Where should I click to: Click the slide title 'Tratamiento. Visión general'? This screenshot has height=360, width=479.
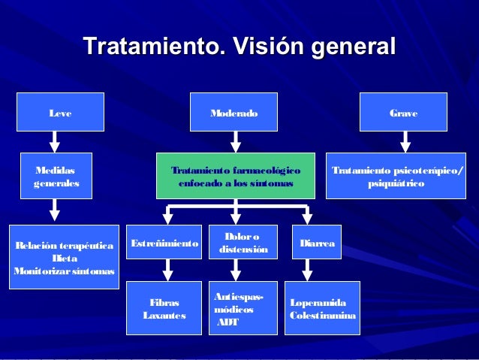click(239, 46)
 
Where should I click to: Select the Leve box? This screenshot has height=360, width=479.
click(55, 113)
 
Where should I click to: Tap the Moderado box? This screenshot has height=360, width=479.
click(233, 113)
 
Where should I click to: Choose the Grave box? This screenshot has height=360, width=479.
click(403, 113)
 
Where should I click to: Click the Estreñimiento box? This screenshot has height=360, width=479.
click(164, 244)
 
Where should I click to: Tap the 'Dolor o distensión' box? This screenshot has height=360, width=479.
click(242, 243)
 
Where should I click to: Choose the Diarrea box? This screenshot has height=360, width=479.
click(316, 244)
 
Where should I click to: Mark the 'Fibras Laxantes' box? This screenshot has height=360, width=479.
click(164, 308)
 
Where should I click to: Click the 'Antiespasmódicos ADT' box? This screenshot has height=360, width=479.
click(242, 309)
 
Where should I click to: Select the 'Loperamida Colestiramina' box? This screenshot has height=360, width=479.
click(322, 308)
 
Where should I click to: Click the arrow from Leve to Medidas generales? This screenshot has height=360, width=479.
click(54, 141)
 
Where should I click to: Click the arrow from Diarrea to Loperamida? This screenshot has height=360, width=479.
click(306, 270)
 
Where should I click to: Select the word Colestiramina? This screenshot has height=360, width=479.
click(323, 315)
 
